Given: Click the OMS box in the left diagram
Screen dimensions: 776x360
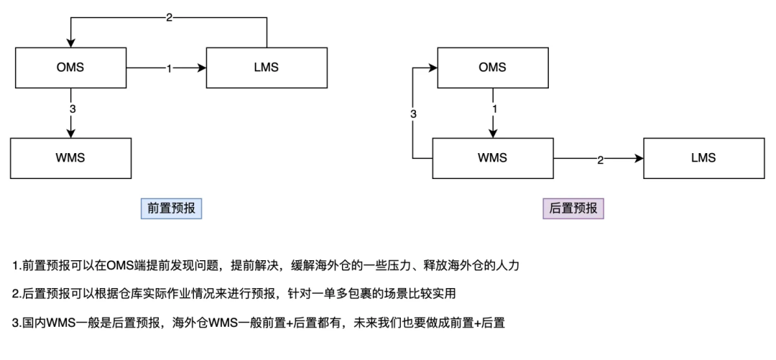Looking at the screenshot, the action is pyautogui.click(x=70, y=68).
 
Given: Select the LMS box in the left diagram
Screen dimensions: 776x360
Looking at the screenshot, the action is pyautogui.click(x=267, y=68).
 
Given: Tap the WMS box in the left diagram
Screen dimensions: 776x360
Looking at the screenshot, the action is pyautogui.click(x=70, y=158).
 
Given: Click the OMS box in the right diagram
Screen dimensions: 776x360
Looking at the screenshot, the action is pyautogui.click(x=492, y=68).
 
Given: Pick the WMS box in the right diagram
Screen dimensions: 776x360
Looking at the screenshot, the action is pyautogui.click(x=492, y=158).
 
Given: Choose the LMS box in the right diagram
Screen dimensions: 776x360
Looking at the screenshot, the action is pyautogui.click(x=703, y=158).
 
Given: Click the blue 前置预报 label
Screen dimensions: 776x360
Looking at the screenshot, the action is pyautogui.click(x=171, y=208).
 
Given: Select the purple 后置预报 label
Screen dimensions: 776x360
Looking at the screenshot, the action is pyautogui.click(x=573, y=208).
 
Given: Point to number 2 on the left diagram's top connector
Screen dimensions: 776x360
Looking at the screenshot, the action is pyautogui.click(x=170, y=18).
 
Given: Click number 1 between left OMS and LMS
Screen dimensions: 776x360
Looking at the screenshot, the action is pyautogui.click(x=169, y=68).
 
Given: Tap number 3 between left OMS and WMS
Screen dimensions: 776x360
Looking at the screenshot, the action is pyautogui.click(x=73, y=109).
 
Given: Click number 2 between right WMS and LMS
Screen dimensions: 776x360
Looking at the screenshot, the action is pyautogui.click(x=600, y=160).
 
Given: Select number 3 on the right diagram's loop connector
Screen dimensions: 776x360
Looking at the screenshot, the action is pyautogui.click(x=414, y=114).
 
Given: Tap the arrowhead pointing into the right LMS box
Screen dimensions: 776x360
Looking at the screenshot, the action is pyautogui.click(x=639, y=158).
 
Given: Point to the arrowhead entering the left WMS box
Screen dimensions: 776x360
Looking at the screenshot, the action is pyautogui.click(x=70, y=133).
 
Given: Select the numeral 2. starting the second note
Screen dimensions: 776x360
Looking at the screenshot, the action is pyautogui.click(x=17, y=294).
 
